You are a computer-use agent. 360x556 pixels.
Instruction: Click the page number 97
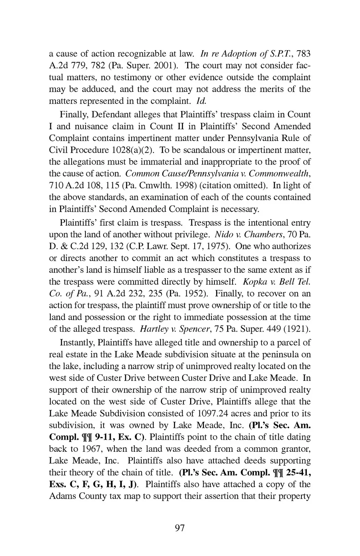(180, 528)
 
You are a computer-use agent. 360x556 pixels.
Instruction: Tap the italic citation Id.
(201, 101)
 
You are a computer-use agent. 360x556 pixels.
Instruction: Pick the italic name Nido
(222, 235)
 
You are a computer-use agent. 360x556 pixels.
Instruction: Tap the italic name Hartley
(152, 329)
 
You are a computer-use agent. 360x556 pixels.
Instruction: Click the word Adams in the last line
(61, 496)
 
